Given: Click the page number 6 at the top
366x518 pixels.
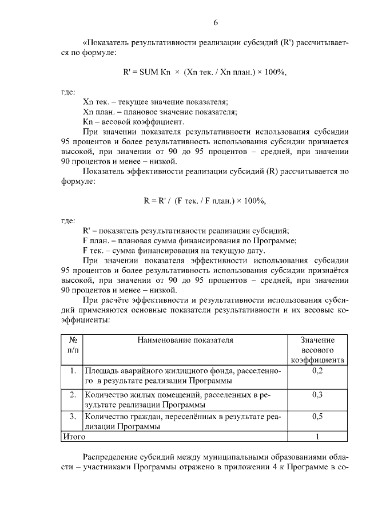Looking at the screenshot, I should click(x=216, y=23).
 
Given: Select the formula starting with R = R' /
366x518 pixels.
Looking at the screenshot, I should click(x=204, y=201).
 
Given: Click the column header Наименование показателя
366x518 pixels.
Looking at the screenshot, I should click(x=185, y=340).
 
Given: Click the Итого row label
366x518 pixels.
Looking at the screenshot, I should click(x=74, y=437).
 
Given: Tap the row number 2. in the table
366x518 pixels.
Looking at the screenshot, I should click(x=73, y=395).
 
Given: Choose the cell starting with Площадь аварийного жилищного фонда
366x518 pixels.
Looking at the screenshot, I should click(x=183, y=375).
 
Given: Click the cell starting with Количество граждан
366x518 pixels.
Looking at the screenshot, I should click(x=183, y=421).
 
